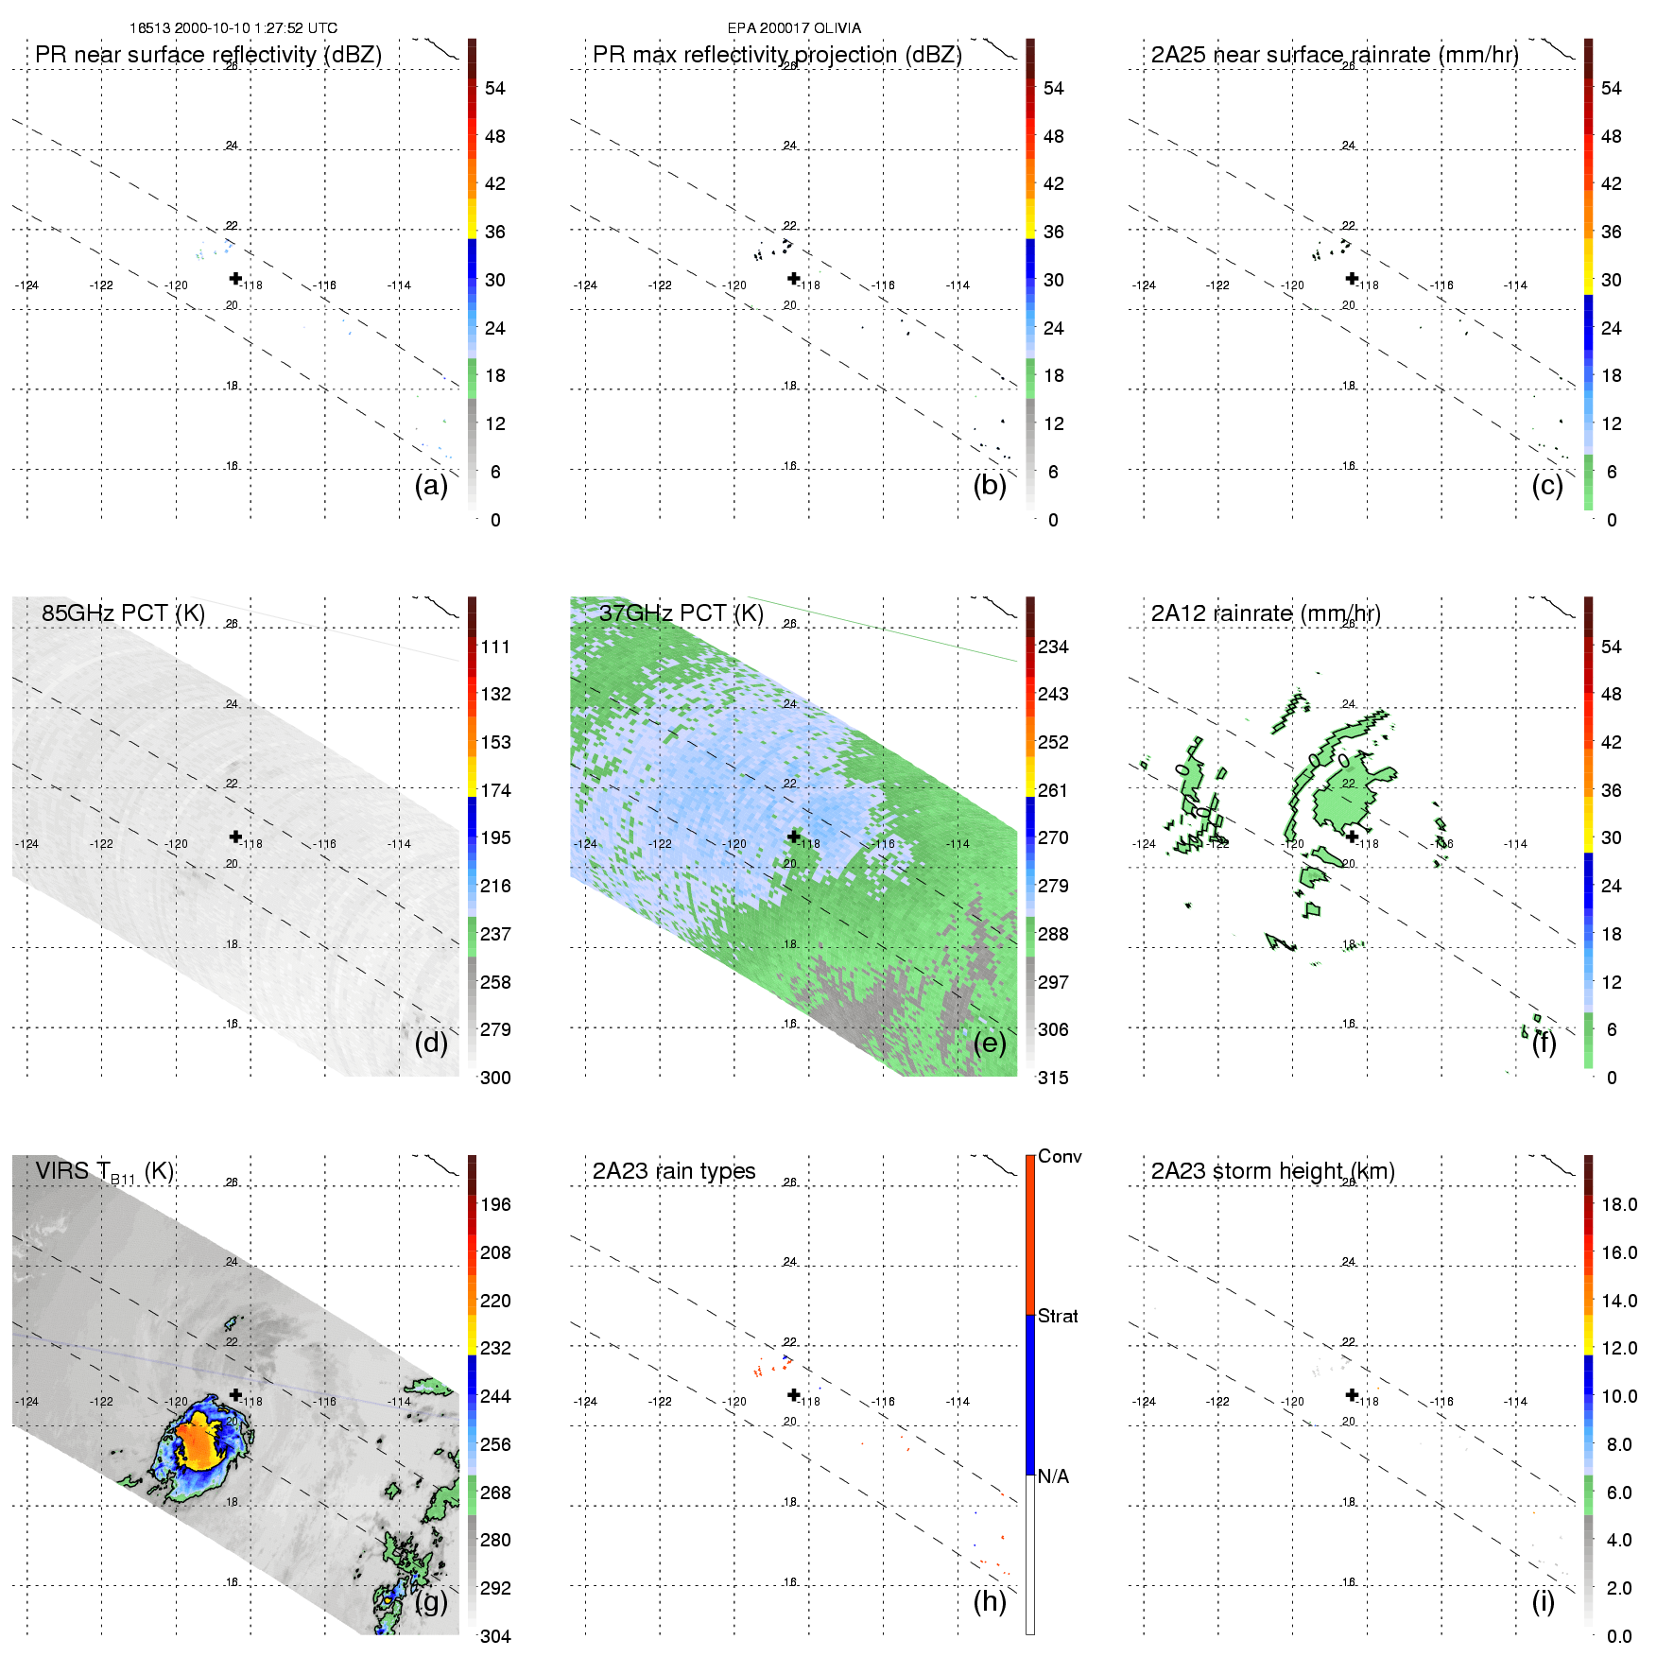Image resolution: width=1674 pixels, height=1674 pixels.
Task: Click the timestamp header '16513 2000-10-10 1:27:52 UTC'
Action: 233,28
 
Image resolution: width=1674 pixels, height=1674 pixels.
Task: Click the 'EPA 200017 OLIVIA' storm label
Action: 794,28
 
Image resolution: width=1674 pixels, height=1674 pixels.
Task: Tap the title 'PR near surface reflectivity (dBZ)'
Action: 208,55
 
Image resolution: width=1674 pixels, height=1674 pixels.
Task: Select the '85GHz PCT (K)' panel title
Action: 123,613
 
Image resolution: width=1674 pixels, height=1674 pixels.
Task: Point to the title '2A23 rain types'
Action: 674,1171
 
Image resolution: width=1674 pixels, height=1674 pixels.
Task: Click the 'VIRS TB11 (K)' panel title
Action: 104,1172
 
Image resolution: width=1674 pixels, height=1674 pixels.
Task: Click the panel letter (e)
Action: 990,1043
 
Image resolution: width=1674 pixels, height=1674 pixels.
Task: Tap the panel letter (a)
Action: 431,485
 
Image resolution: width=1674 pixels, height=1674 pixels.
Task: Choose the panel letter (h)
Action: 990,1600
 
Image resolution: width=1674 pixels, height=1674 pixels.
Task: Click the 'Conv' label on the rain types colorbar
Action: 1060,1156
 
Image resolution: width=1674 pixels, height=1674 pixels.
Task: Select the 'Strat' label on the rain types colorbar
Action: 1058,1316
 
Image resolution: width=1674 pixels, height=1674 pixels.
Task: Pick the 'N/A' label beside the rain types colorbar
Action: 1053,1476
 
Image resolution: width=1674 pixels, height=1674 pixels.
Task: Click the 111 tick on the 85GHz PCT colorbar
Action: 495,647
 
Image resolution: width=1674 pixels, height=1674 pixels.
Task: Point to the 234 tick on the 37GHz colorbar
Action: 1053,647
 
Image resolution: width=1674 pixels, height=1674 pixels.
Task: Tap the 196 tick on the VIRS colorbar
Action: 495,1204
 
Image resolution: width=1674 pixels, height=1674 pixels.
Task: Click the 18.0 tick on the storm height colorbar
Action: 1619,1204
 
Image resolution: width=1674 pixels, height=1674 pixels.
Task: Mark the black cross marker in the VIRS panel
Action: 235,1395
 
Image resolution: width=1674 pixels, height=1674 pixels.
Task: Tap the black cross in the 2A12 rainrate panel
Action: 1352,837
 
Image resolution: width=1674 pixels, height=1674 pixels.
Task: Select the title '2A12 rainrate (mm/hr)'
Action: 1266,613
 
